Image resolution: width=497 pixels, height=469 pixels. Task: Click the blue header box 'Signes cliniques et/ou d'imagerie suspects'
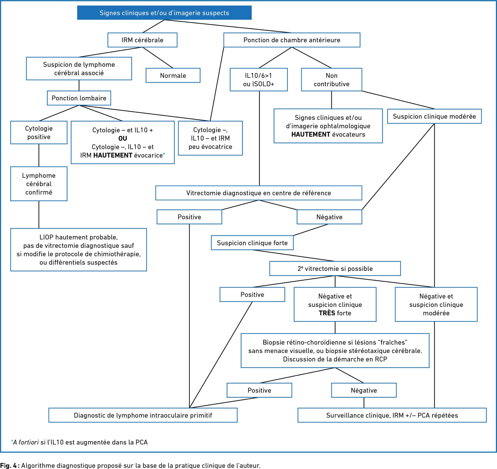pyautogui.click(x=164, y=13)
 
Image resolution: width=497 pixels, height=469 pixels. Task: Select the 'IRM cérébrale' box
pyautogui.click(x=142, y=40)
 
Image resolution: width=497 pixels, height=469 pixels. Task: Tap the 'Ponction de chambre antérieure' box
pyautogui.click(x=292, y=40)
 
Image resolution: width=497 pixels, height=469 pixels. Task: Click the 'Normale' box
pyautogui.click(x=173, y=75)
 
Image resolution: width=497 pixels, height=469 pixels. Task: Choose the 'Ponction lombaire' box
pyautogui.click(x=79, y=98)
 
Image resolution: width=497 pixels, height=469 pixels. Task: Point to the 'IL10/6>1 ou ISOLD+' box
pyautogui.click(x=259, y=79)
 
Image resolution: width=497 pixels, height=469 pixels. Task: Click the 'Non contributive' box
pyautogui.click(x=332, y=79)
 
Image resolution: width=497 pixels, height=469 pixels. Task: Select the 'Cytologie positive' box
pyautogui.click(x=39, y=133)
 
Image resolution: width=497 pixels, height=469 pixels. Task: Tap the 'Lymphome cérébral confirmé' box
pyautogui.click(x=39, y=184)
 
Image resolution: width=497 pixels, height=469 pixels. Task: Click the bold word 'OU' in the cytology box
pyautogui.click(x=123, y=139)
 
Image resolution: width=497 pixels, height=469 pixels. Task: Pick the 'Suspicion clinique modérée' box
pyautogui.click(x=434, y=116)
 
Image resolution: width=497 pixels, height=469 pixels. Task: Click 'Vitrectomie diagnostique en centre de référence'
pyautogui.click(x=259, y=193)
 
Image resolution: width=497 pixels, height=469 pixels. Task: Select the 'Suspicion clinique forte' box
pyautogui.click(x=252, y=243)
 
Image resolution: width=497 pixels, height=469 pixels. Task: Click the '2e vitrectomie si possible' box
pyautogui.click(x=335, y=268)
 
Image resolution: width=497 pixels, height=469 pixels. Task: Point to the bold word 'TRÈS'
pyautogui.click(x=327, y=313)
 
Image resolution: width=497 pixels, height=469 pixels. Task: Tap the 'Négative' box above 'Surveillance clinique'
pyautogui.click(x=364, y=390)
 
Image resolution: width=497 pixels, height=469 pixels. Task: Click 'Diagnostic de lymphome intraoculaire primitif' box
pyautogui.click(x=143, y=415)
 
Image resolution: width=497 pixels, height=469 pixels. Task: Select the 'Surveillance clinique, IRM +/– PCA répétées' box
pyautogui.click(x=392, y=415)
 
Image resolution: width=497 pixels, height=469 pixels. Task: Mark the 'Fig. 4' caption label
pyautogui.click(x=8, y=465)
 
